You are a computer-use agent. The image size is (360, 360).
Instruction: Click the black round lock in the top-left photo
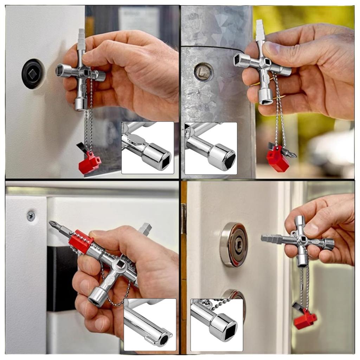(x=32, y=74)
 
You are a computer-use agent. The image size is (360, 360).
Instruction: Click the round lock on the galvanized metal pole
(x=204, y=72)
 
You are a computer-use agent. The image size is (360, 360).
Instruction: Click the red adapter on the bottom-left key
(x=81, y=242)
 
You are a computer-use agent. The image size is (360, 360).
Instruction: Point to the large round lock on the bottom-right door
(x=233, y=244)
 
